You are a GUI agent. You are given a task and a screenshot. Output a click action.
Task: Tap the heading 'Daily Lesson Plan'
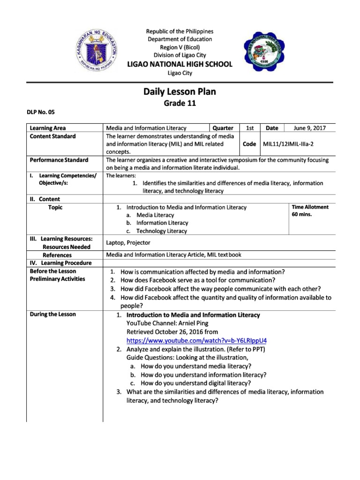coord(180,92)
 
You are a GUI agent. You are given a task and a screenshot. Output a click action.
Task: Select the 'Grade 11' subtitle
coord(180,104)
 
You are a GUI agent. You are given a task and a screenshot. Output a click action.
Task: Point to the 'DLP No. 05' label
coord(42,112)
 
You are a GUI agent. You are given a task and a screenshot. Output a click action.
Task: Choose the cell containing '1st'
coord(250,128)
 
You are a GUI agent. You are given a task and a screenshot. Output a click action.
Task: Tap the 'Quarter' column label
coord(223,128)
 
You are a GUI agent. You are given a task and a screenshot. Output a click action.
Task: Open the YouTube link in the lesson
coord(200,340)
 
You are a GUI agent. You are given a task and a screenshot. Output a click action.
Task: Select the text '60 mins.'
coord(302,215)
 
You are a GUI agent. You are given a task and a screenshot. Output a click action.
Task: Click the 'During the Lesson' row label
coord(52,314)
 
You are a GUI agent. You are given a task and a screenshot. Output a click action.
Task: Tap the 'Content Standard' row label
coord(52,136)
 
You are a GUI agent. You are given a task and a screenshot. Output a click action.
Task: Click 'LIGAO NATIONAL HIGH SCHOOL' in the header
coord(180,64)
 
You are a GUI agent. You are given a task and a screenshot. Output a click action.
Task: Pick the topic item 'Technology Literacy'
coord(161,231)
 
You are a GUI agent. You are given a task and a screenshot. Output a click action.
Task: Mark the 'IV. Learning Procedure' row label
coord(60,263)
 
